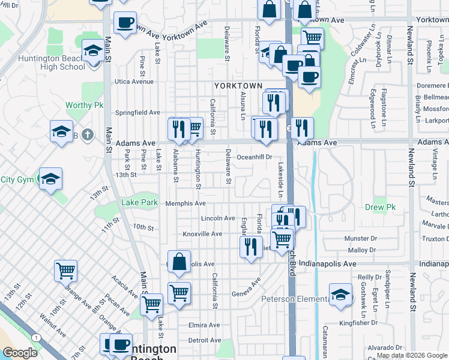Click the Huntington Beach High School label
(52, 62)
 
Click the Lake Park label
(140, 203)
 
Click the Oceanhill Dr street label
(255, 157)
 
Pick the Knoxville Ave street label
(202, 234)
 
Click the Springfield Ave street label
(137, 112)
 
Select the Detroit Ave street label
(205, 340)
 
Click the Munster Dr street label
(360, 239)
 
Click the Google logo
(20, 353)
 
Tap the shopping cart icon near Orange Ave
(65, 270)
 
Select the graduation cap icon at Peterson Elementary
(340, 295)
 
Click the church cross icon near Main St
(88, 133)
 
